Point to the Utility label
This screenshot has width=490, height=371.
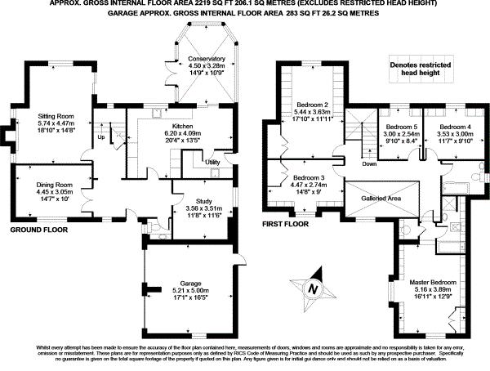tap(212, 163)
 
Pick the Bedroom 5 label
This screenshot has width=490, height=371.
tap(401, 127)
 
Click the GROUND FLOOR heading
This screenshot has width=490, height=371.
tap(38, 230)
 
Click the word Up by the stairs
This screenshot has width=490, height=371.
tap(100, 136)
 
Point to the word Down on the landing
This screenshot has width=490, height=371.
tap(369, 163)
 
